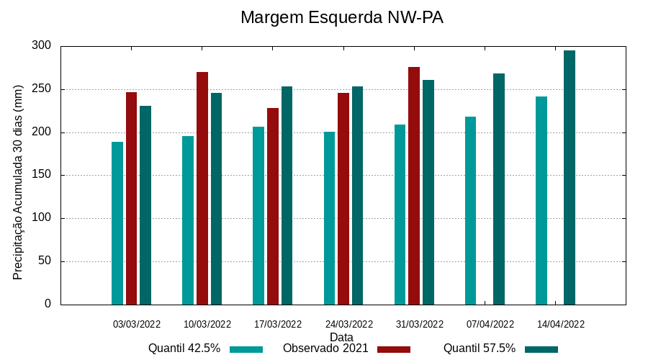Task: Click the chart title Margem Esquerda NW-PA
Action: click(x=341, y=17)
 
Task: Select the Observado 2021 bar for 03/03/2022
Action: click(x=131, y=198)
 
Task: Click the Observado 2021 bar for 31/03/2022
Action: click(x=414, y=186)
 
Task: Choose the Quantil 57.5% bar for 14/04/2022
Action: click(x=570, y=177)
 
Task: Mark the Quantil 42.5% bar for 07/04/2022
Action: click(x=470, y=210)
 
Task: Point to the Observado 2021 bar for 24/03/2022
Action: click(x=343, y=198)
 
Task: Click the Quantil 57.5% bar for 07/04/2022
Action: click(x=499, y=189)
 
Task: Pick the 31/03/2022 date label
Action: click(x=419, y=324)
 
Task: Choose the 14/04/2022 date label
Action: click(x=561, y=324)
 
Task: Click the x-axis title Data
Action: click(x=341, y=337)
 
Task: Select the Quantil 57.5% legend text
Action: click(x=480, y=348)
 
